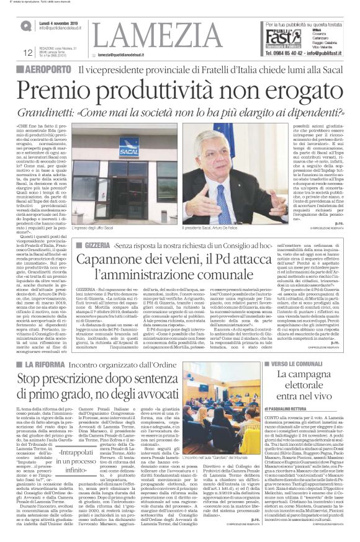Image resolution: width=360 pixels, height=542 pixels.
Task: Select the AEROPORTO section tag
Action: [x=42, y=69]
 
